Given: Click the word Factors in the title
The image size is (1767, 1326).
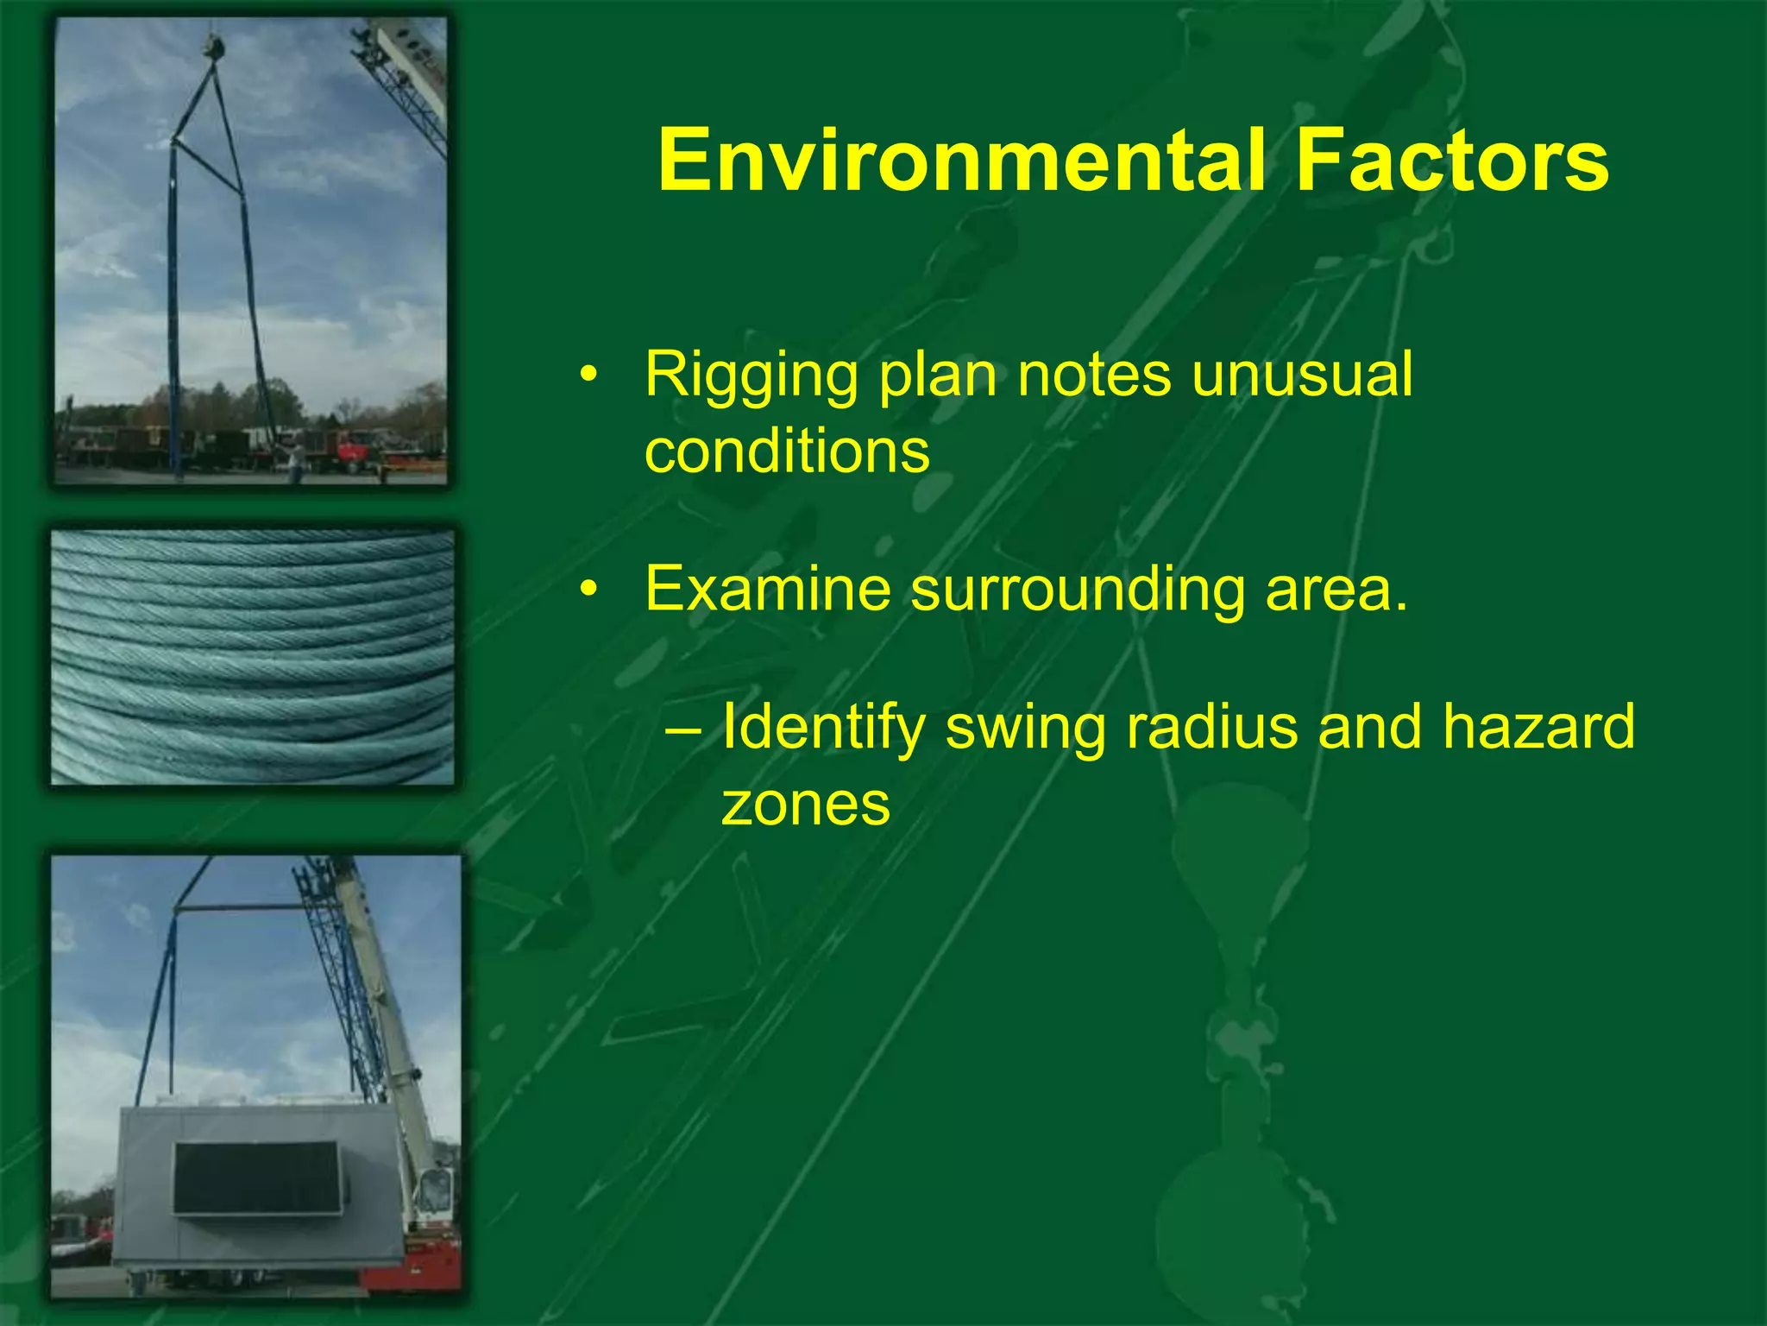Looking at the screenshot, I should coord(1452,161).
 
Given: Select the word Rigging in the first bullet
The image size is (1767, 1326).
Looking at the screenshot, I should coord(751,376).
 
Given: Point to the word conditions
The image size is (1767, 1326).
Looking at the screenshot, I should coord(787,451).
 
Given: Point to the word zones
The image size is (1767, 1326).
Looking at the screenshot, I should coord(805,804).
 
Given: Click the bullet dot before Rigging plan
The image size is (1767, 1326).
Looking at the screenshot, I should coord(588,376).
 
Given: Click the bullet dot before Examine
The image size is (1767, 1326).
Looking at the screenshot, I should coord(588,590).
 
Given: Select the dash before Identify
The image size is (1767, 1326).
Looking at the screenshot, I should coord(683,728).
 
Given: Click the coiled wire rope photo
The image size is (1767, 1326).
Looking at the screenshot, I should coord(252,658).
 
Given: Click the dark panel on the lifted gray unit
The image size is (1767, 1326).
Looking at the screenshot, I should coord(256,1178).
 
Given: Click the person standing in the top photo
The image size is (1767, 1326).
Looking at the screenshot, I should coord(296,461).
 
